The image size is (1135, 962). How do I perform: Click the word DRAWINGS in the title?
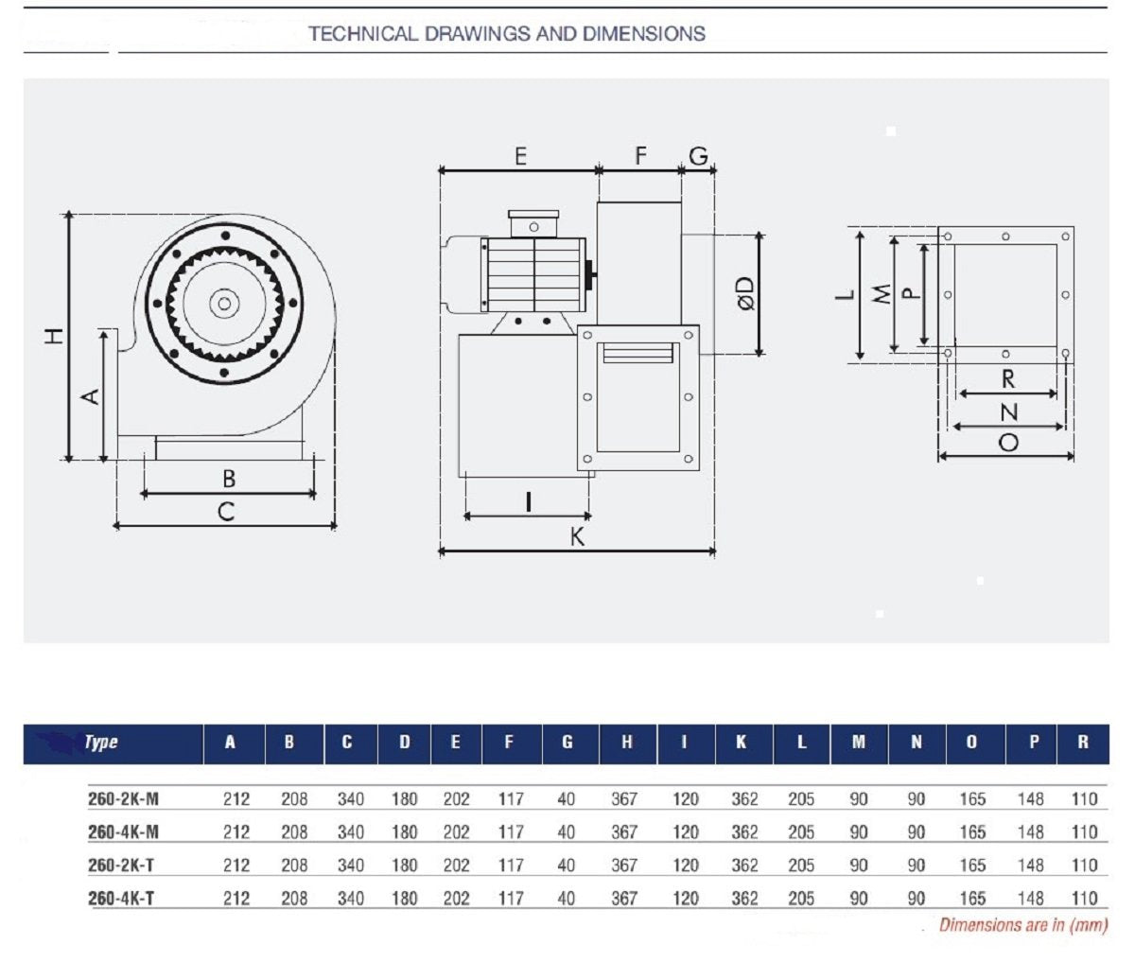tap(477, 34)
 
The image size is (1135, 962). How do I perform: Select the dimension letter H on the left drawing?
tap(54, 336)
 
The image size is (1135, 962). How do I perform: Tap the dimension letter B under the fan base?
tap(229, 479)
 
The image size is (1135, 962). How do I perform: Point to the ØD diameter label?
tap(747, 294)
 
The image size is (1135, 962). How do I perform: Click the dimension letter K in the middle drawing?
tap(577, 536)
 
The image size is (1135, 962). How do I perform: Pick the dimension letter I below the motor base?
tap(528, 502)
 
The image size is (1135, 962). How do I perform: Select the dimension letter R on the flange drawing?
tap(1008, 379)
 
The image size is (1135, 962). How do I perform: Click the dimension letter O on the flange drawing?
tap(1008, 443)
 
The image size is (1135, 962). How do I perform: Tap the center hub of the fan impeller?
tap(224, 304)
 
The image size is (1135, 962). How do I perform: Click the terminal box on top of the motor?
tap(533, 224)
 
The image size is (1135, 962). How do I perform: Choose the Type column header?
tap(101, 742)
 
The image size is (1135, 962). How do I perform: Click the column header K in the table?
tap(741, 743)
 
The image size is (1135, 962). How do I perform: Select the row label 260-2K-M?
tap(124, 799)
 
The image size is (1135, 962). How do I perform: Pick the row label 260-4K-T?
tap(121, 899)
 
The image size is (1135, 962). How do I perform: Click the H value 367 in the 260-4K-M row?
tap(624, 831)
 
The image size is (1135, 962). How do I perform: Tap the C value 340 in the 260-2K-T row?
tap(351, 866)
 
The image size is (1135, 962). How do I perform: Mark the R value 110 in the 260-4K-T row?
tap(1084, 899)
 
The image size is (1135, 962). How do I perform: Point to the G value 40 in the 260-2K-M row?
tap(567, 799)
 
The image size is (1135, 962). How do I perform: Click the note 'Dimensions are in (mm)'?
tap(1023, 925)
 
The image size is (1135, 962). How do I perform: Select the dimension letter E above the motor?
tap(520, 156)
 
